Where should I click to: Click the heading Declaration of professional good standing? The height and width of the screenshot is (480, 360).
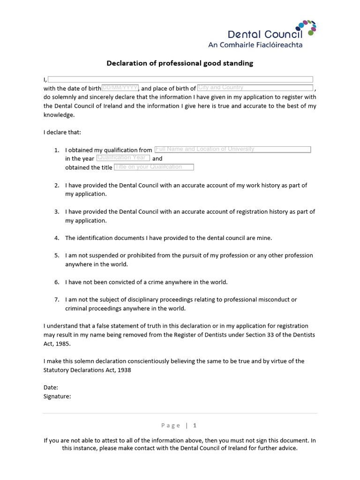pos(180,63)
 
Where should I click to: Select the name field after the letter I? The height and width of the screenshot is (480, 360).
pos(180,79)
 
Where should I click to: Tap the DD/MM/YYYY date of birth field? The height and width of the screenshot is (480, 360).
pos(120,88)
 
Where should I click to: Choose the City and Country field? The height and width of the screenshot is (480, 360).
pos(255,88)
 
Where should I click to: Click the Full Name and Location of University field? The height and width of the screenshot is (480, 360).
pos(232,149)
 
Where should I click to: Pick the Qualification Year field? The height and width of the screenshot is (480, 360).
pos(123,158)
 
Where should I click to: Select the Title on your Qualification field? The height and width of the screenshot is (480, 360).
pos(154,167)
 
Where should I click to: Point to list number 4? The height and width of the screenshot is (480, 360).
pos(57,238)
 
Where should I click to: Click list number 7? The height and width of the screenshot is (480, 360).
pos(57,300)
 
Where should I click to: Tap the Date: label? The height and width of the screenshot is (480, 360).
pos(51,388)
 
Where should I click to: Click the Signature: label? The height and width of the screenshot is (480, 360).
pos(57,397)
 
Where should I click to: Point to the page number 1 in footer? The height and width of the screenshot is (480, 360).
pos(195,426)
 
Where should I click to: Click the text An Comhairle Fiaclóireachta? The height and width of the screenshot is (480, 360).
pos(255,45)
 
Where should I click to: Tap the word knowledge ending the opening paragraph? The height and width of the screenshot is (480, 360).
pos(59,115)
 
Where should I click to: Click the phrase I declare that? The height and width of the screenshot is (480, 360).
pos(62,132)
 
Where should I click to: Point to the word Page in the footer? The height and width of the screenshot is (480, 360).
pos(171,426)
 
